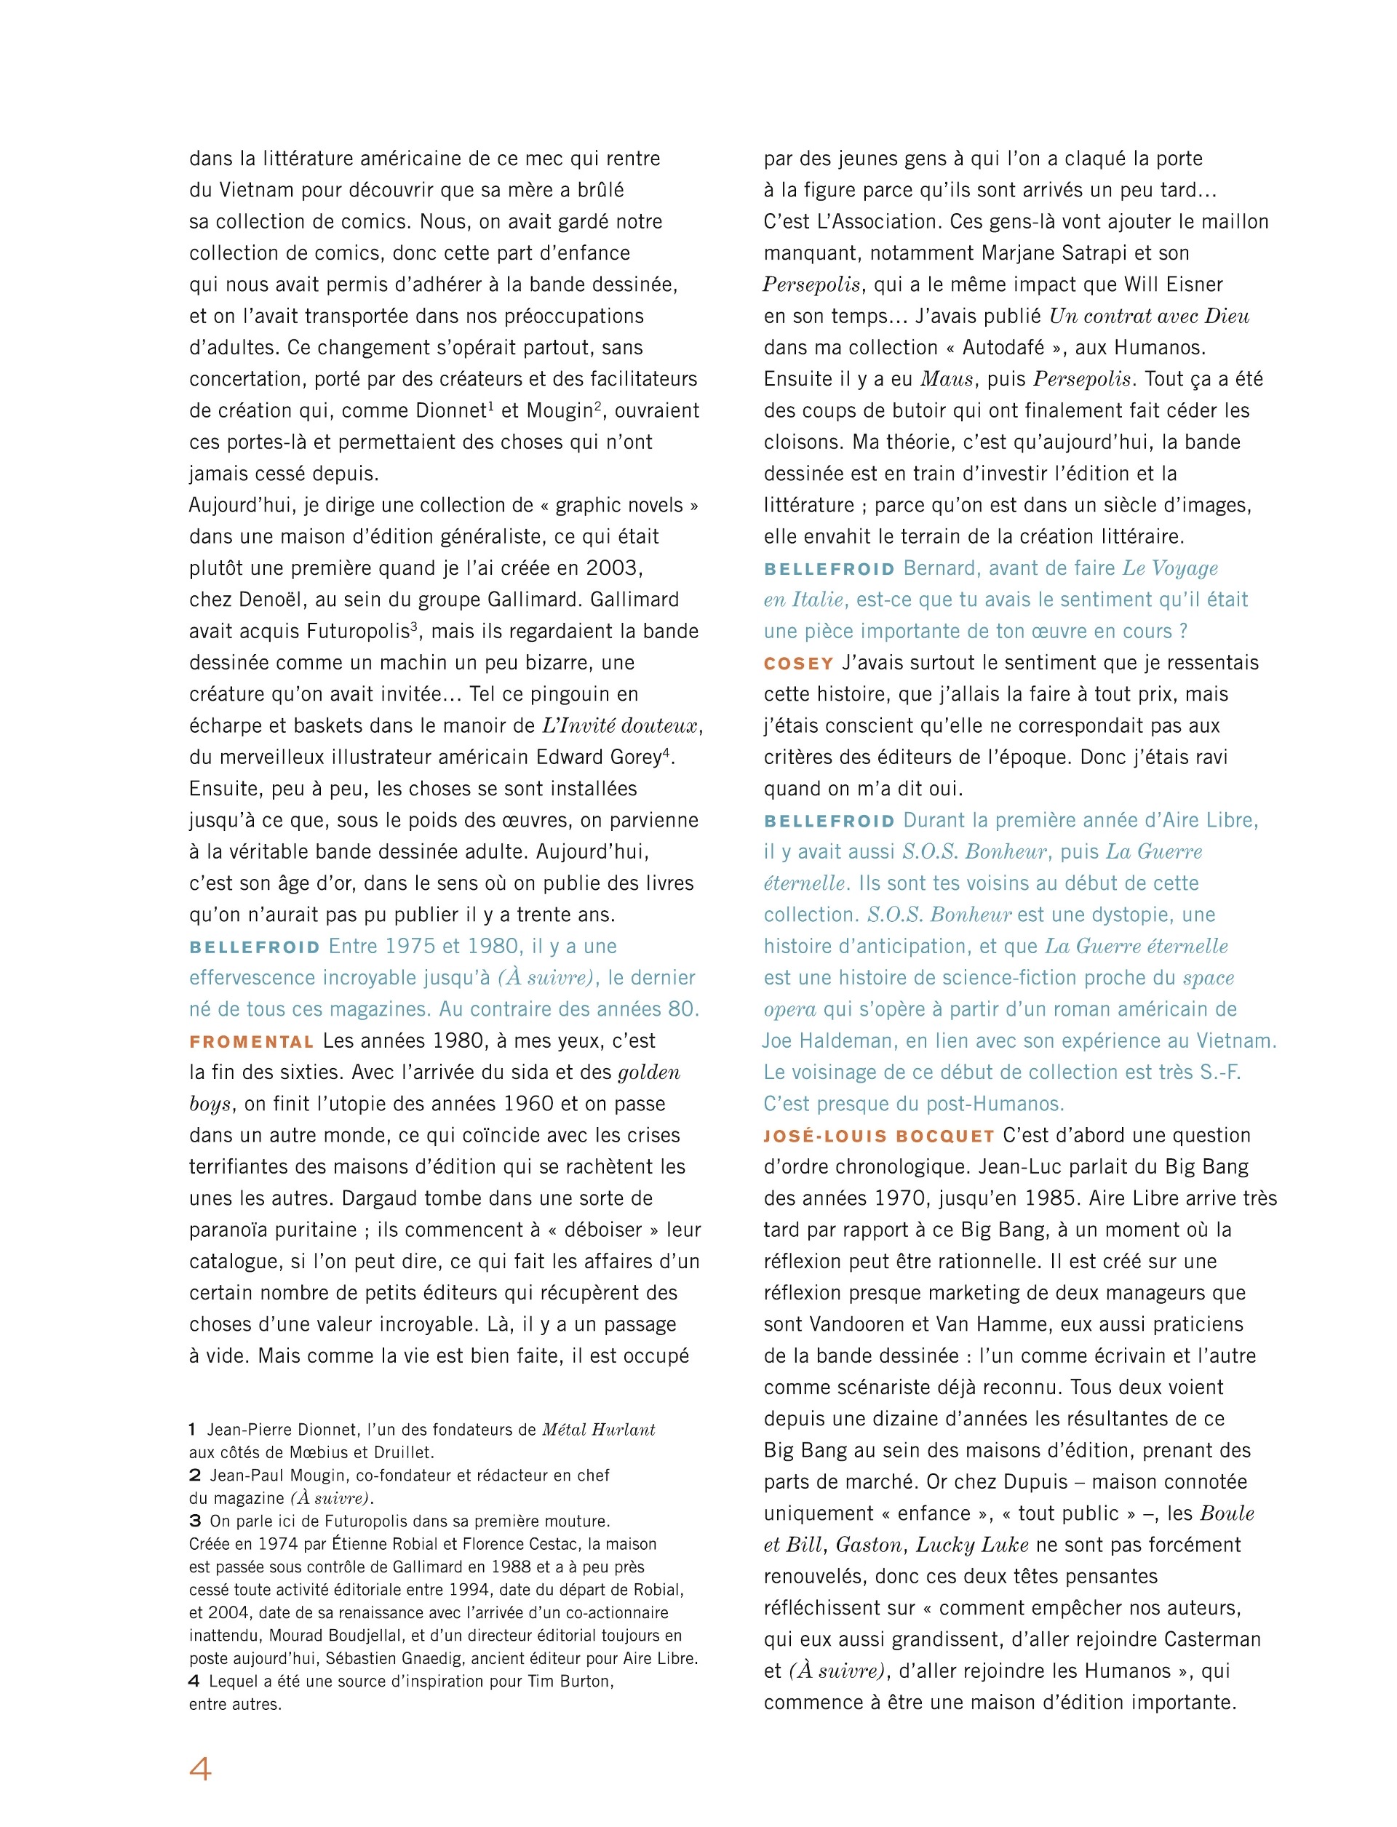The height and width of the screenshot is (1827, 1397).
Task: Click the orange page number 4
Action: pos(200,1769)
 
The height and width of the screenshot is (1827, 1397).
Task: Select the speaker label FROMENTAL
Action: pos(251,1042)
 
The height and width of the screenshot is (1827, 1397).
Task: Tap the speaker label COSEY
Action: pos(798,664)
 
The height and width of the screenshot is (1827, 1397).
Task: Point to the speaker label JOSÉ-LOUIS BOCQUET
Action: pos(879,1136)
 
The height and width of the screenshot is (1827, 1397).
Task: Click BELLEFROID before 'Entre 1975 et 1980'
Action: pos(255,947)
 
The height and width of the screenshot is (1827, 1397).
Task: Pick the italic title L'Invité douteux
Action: pos(618,726)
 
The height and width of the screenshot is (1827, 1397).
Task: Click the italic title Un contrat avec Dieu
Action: pos(1148,316)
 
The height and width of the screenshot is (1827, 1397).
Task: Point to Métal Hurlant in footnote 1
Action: pos(598,1430)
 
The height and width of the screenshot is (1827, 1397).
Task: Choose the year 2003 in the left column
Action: pos(613,569)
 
